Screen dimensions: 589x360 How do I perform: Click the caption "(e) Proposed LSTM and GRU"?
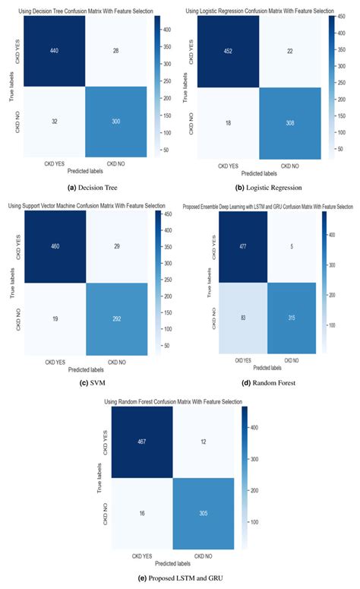pyautogui.click(x=179, y=578)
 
